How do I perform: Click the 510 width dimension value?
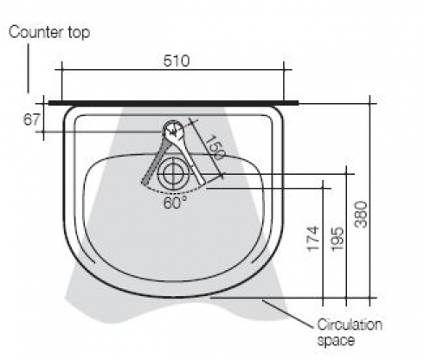pyautogui.click(x=177, y=61)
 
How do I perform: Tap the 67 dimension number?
pyautogui.click(x=31, y=119)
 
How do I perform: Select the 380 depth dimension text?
pyautogui.click(x=362, y=215)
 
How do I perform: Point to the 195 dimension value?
pyautogui.click(x=337, y=239)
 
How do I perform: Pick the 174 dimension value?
pyautogui.click(x=314, y=239)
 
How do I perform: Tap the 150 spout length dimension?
pyautogui.click(x=215, y=147)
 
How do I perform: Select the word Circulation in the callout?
pyautogui.click(x=350, y=325)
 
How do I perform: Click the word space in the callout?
pyautogui.click(x=336, y=341)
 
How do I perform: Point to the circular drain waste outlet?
pyautogui.click(x=173, y=174)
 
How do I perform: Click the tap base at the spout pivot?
pyautogui.click(x=174, y=129)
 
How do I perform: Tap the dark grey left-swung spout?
pyautogui.click(x=156, y=162)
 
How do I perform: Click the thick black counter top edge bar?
pyautogui.click(x=173, y=103)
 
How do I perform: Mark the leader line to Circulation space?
pyautogui.click(x=287, y=314)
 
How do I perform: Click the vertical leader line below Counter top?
pyautogui.click(x=29, y=68)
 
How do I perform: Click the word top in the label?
pyautogui.click(x=79, y=33)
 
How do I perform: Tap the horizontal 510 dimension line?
pyautogui.click(x=173, y=69)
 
